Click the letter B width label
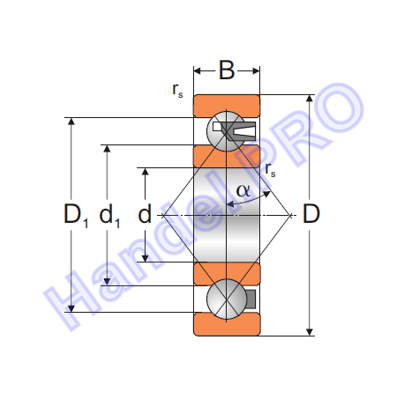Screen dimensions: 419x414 point(227,70)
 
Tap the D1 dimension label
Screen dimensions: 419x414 point(76,215)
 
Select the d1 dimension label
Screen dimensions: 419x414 point(109,215)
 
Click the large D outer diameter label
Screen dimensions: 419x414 point(311,213)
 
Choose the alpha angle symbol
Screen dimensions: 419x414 point(243,190)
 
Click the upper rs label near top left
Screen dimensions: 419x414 point(177,90)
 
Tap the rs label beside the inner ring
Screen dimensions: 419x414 point(270,169)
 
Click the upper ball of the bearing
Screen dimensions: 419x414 point(227,131)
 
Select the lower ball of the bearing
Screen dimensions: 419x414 point(227,299)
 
